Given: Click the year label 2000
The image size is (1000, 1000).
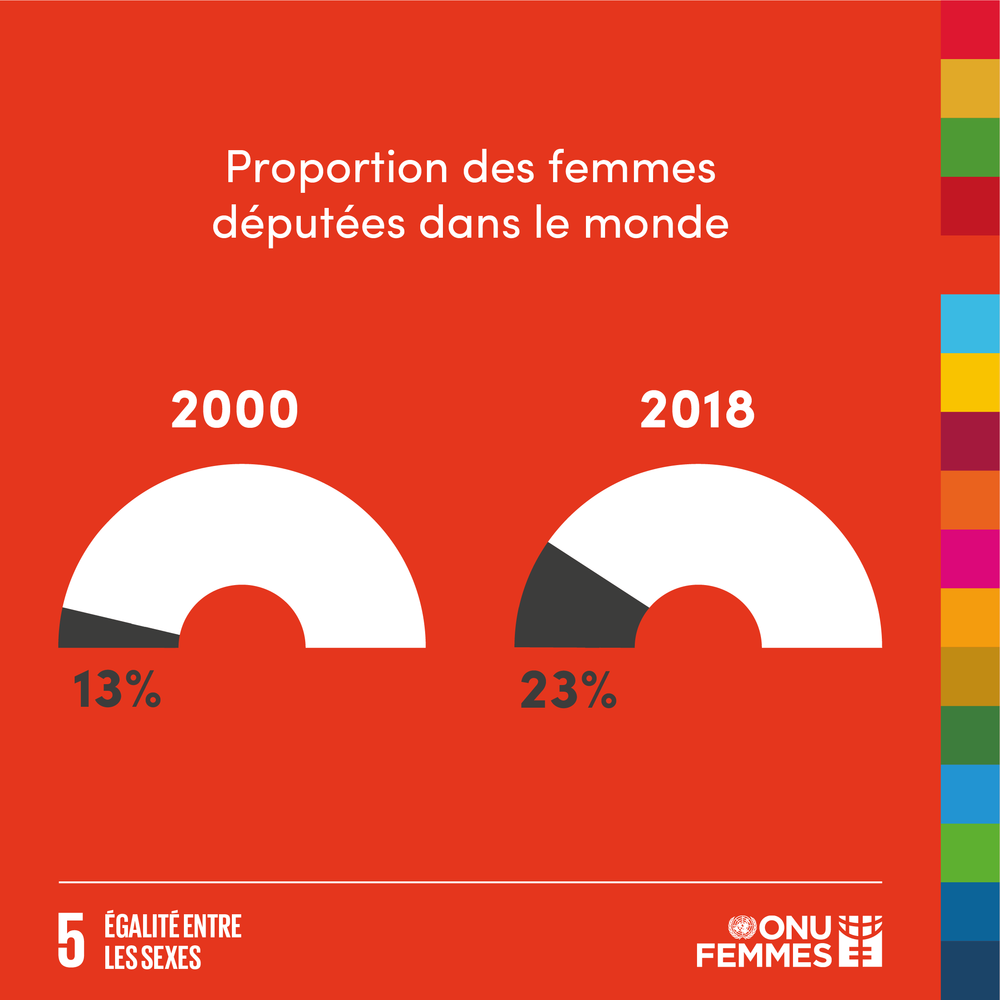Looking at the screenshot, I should [235, 409].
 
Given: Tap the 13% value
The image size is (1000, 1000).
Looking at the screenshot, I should [117, 689].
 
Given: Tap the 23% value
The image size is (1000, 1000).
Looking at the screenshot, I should [568, 689].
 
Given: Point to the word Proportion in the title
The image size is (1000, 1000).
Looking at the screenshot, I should [336, 168].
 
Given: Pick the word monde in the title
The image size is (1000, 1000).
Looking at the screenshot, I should [656, 223].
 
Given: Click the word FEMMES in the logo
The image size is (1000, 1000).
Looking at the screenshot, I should [764, 956].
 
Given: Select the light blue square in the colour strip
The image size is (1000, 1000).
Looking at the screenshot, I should [970, 323].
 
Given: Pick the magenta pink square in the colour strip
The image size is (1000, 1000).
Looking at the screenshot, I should [970, 558].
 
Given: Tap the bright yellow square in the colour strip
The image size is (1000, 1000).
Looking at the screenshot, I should [970, 382].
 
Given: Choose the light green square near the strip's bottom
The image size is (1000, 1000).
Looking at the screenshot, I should [970, 853].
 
